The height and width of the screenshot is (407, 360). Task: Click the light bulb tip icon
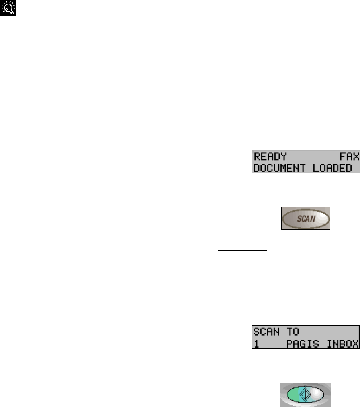[x=8, y=8]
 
